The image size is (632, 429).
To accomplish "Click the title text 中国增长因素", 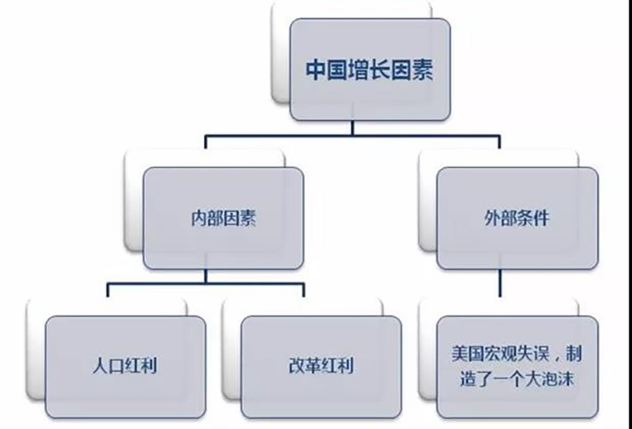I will pos(369,69).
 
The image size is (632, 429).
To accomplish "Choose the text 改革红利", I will pos(320,366).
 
